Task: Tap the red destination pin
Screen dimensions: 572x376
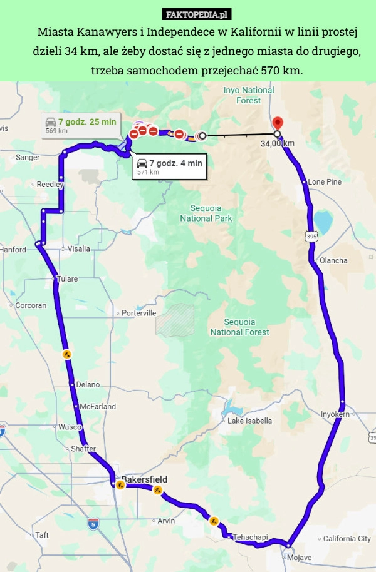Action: (x=278, y=123)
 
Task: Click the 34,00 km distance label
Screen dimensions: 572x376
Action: (x=278, y=143)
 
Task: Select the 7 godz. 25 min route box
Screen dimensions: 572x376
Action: (x=81, y=125)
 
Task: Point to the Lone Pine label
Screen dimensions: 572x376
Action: (x=325, y=181)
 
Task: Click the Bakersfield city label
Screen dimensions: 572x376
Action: (x=144, y=479)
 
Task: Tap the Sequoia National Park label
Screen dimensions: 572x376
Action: (x=206, y=213)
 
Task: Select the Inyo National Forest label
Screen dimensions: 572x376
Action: (x=249, y=95)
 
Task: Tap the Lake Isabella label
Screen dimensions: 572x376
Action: (x=249, y=421)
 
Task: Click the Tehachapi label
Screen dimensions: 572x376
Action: (x=250, y=537)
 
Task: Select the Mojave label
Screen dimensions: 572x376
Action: (x=299, y=558)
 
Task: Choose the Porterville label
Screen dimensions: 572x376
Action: (x=139, y=313)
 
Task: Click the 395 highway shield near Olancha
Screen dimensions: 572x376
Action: (x=312, y=236)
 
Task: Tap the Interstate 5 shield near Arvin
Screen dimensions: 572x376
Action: (x=93, y=523)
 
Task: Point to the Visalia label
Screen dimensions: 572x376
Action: (x=79, y=248)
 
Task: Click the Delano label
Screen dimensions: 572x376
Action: (x=87, y=384)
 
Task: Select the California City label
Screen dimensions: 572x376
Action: (x=347, y=539)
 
